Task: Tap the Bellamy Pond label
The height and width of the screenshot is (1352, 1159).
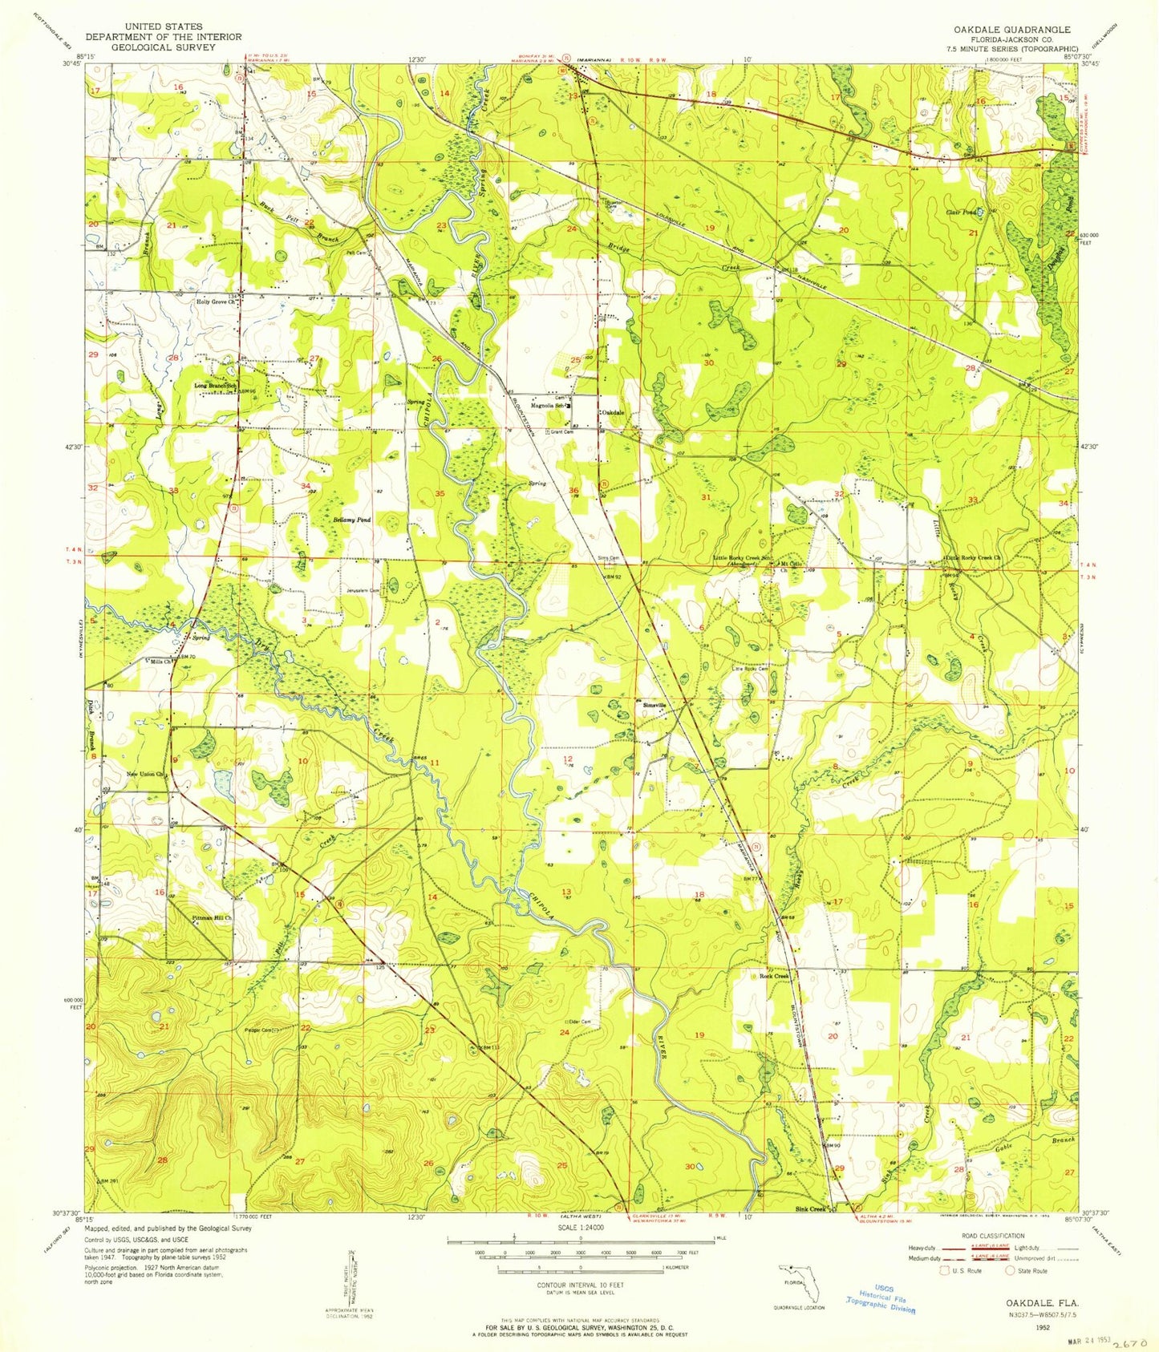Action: tap(352, 520)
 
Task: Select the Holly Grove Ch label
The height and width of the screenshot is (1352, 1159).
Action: tap(215, 303)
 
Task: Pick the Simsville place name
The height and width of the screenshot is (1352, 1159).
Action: tap(655, 705)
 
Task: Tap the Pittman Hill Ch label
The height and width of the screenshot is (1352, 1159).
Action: tap(212, 918)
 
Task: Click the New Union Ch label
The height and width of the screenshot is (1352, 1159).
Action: tap(145, 775)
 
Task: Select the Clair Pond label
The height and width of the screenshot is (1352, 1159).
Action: tap(961, 213)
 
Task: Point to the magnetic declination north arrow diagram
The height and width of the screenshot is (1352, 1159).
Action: tap(355, 1275)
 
